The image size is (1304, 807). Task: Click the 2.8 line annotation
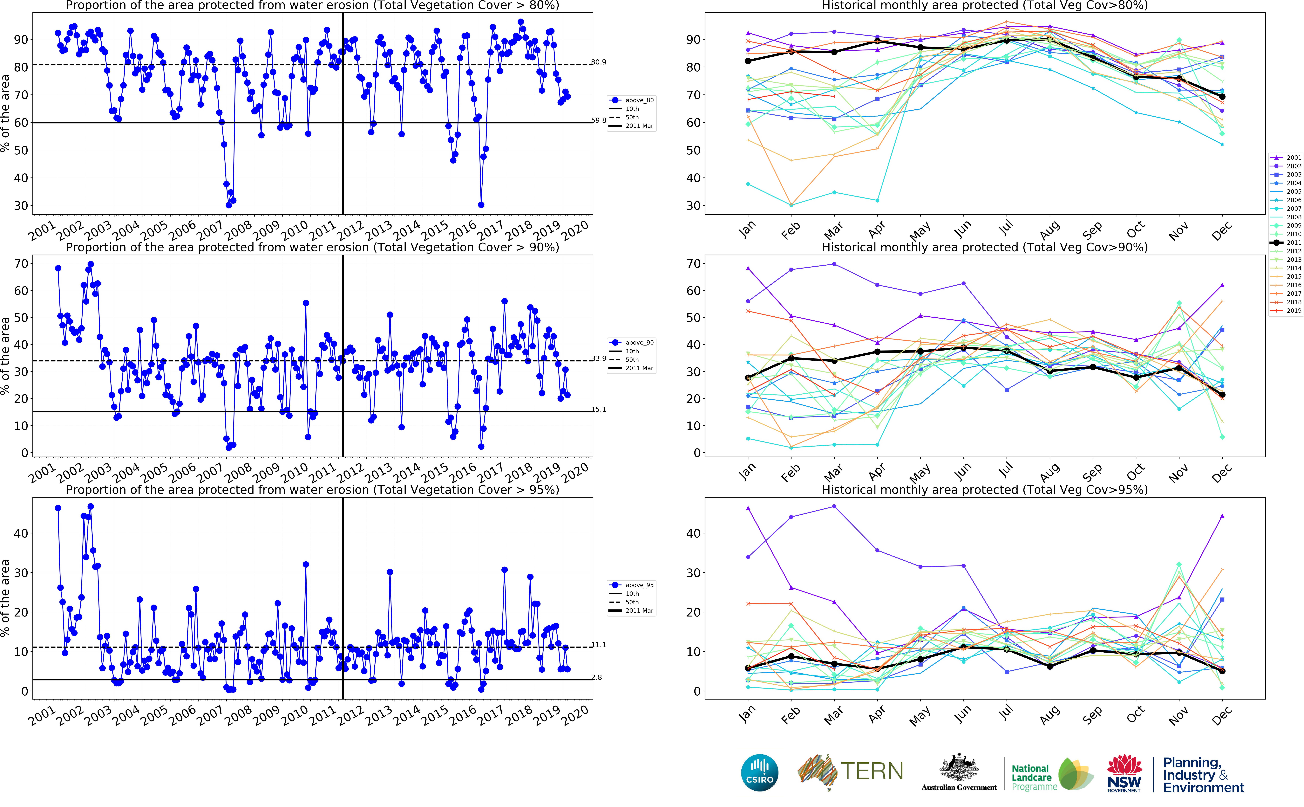(597, 677)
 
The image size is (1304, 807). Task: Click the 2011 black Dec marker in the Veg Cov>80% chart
(1222, 97)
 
